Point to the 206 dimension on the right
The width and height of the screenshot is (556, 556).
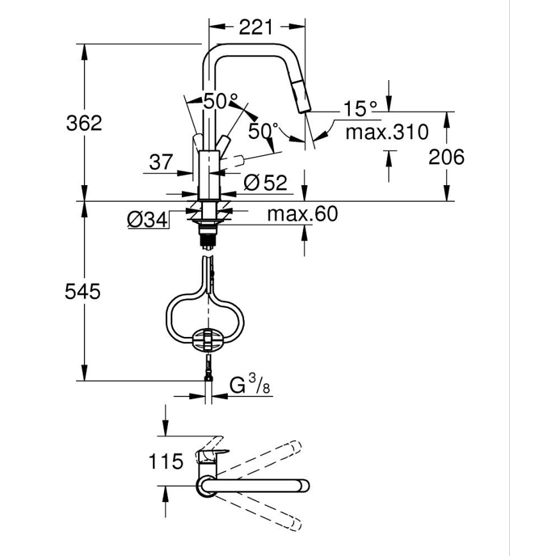446,156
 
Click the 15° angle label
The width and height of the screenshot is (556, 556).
359,110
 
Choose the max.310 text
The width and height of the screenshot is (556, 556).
386,133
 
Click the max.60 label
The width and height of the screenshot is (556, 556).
302,214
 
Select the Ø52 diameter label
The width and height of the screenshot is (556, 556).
265,183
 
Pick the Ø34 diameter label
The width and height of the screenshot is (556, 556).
147,220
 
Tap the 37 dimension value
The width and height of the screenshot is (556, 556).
161,162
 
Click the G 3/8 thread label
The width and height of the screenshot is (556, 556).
247,386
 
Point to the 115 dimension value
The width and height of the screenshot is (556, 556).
166,461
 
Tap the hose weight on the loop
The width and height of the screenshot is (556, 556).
207,339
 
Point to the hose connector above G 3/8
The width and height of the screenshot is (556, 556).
208,370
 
